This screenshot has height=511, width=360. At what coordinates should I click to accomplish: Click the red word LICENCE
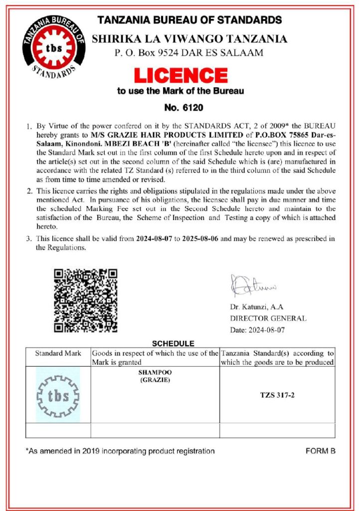point(180,75)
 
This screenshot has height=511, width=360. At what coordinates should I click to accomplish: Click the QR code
point(85,300)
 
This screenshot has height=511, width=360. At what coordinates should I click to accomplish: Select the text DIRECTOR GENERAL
point(268,318)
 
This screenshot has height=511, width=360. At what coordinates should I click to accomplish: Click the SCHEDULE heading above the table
point(173,343)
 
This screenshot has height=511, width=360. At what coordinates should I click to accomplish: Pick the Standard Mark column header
point(58,353)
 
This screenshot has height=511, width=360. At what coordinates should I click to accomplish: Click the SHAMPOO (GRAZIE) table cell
point(155,377)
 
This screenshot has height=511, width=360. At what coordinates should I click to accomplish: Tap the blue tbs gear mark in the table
point(58,395)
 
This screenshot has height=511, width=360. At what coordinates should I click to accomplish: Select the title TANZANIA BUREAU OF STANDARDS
point(189,20)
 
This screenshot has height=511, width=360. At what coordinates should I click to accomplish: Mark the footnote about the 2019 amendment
point(120,451)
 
